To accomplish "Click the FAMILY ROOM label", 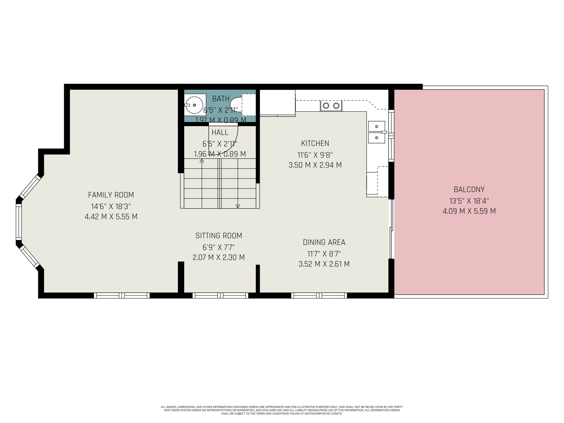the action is coord(111,195).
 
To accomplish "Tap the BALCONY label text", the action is coord(469,189).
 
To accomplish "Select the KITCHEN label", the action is coord(315,143).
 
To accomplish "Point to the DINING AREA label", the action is coord(324,242).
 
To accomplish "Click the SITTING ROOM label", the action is coord(219,236).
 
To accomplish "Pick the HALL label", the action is coord(220,132).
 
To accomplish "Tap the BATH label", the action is coord(221,98).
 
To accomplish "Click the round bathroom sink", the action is coord(194,105).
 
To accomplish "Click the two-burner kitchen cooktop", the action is coord(331,106).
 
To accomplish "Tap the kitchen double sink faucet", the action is coord(384,132).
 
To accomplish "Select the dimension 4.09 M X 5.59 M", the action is coord(469,211).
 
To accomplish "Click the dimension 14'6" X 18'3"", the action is coord(111,206).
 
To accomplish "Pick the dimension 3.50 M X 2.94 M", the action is coord(315,165).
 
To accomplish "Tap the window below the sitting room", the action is coord(220,295).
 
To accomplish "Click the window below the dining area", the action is coord(319,295).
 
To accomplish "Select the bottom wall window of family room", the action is coord(122,295).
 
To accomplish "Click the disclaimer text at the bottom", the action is coord(282,410).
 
